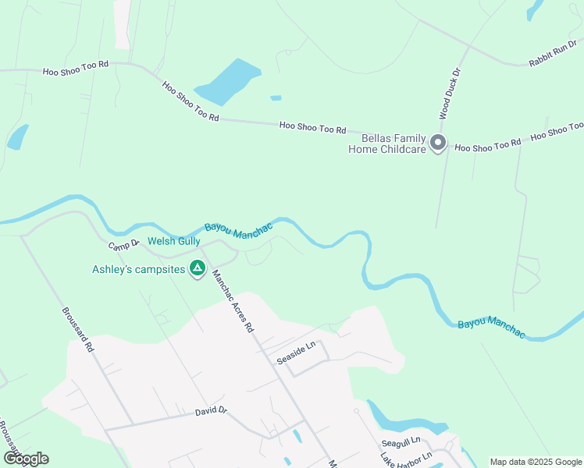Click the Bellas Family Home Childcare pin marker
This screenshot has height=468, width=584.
(x=438, y=143)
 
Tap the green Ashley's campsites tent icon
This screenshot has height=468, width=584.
(x=198, y=269)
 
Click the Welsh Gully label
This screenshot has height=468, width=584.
(x=169, y=242)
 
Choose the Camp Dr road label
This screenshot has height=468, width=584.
(x=123, y=246)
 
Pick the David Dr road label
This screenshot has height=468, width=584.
(x=211, y=410)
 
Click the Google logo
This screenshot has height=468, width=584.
(x=26, y=459)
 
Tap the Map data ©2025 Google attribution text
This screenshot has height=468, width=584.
(x=535, y=462)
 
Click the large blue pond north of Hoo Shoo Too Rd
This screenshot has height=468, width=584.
(x=228, y=80)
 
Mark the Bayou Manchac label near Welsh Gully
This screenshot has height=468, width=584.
(x=238, y=228)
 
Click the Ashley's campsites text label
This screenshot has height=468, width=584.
(x=139, y=270)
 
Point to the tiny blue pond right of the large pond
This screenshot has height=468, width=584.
(x=276, y=98)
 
